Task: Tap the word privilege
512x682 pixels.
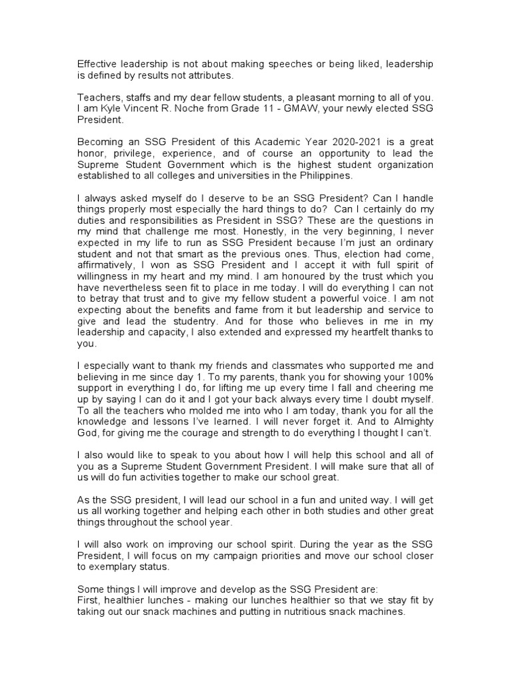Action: coord(129,153)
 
